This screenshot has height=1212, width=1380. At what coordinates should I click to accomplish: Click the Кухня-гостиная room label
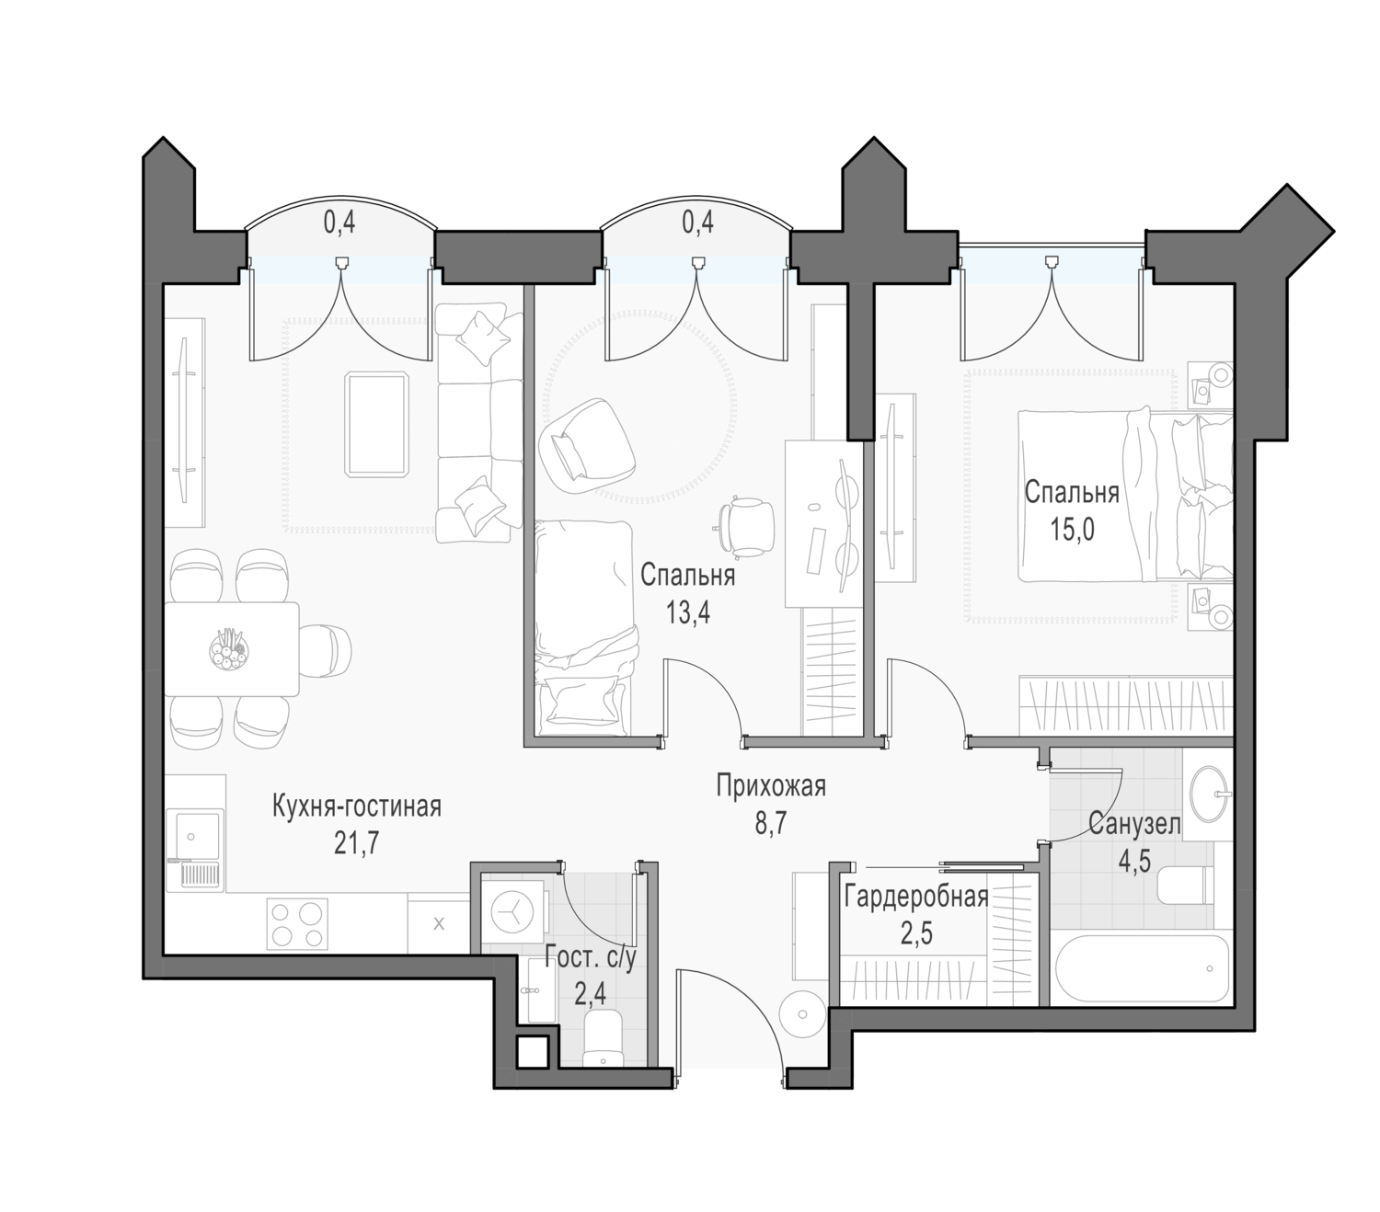pos(356,806)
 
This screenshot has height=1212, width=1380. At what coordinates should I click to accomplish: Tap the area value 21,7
pos(356,844)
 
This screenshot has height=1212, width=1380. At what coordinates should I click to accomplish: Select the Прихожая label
pos(770,786)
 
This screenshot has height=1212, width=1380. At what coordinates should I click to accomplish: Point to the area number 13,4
pos(688,613)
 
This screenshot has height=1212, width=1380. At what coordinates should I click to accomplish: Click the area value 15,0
pos(1072,529)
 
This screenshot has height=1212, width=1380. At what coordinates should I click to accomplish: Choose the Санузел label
pos(1134,825)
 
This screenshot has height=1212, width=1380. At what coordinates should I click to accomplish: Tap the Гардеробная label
pos(916,897)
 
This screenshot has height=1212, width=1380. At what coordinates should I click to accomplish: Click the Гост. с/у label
pos(591,959)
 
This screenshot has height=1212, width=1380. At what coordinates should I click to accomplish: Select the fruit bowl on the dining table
pos(229,649)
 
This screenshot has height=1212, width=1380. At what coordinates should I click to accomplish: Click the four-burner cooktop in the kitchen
pos(295,922)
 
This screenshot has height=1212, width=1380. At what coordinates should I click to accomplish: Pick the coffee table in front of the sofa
pos(376,424)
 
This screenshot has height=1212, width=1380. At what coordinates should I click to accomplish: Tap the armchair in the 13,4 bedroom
pos(586,448)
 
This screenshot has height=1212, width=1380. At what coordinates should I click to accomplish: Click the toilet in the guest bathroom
pos(604,1040)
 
